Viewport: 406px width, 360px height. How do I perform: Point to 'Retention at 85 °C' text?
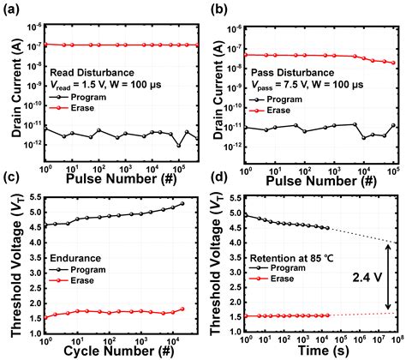pyautogui.click(x=291, y=256)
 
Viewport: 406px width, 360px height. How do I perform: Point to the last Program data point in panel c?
pyautogui.click(x=182, y=203)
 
